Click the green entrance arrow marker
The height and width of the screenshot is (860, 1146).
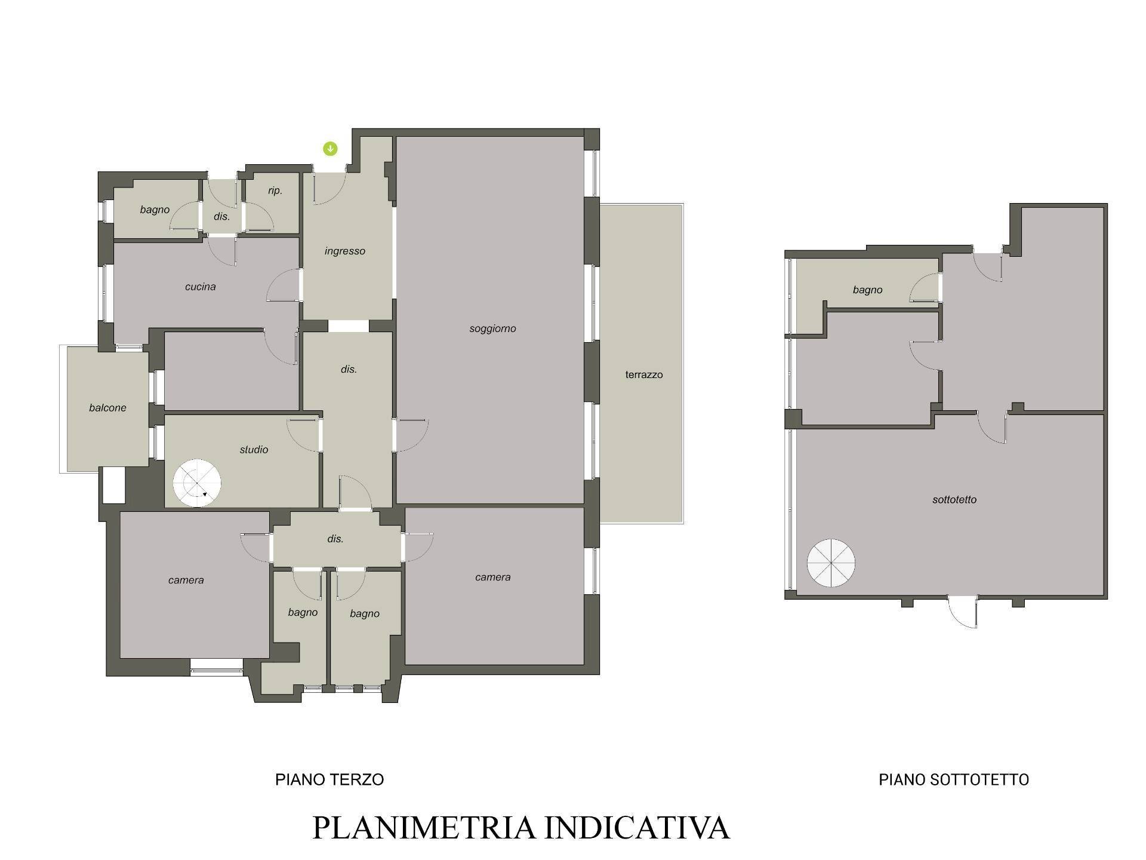tap(330, 149)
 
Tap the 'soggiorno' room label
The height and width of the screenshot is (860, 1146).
tap(492, 328)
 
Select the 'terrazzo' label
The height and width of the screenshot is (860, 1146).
tap(644, 374)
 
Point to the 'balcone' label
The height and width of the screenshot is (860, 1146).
tap(107, 407)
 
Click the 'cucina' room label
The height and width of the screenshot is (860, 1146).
tap(200, 287)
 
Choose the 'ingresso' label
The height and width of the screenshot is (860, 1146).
tap(345, 251)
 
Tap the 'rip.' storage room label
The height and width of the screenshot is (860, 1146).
tap(275, 191)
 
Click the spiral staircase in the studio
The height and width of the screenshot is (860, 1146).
tap(197, 483)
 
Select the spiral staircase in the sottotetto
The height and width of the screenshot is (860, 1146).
tap(831, 563)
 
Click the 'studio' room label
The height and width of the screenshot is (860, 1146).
tap(254, 449)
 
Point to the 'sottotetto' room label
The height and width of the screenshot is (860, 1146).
tap(954, 499)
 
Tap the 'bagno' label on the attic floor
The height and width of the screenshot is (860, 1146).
tap(867, 290)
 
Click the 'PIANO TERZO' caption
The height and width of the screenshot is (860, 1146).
tap(329, 779)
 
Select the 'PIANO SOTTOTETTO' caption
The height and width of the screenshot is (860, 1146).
tap(954, 779)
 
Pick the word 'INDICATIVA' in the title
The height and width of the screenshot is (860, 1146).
tap(637, 828)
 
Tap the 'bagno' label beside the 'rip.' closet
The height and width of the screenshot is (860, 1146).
tap(155, 210)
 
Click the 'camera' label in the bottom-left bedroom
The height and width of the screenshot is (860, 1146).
tap(186, 580)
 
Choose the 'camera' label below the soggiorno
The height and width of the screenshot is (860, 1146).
tap(492, 577)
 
